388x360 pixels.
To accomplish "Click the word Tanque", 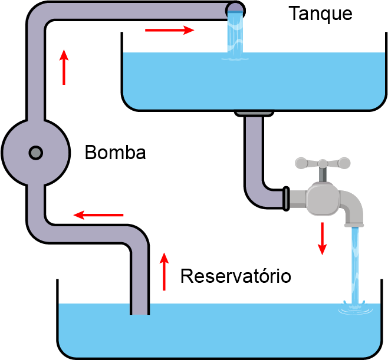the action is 320,14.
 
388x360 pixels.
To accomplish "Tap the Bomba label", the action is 116,152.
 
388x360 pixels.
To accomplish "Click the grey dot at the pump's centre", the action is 36,153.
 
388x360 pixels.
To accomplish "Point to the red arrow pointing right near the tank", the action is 169,30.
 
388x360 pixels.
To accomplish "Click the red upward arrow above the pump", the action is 64,67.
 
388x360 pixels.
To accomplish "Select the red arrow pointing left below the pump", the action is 98,215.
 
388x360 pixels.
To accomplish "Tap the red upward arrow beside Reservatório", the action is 164,272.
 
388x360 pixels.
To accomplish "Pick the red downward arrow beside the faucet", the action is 322,239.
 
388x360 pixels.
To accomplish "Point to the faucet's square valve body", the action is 323,199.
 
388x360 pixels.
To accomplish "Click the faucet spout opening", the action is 354,225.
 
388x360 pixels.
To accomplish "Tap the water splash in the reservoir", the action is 356,308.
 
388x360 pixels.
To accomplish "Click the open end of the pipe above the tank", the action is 235,11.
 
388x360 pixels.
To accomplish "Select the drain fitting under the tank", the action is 254,114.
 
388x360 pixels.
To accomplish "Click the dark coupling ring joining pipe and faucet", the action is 286,199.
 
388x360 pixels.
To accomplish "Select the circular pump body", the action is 36,153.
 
